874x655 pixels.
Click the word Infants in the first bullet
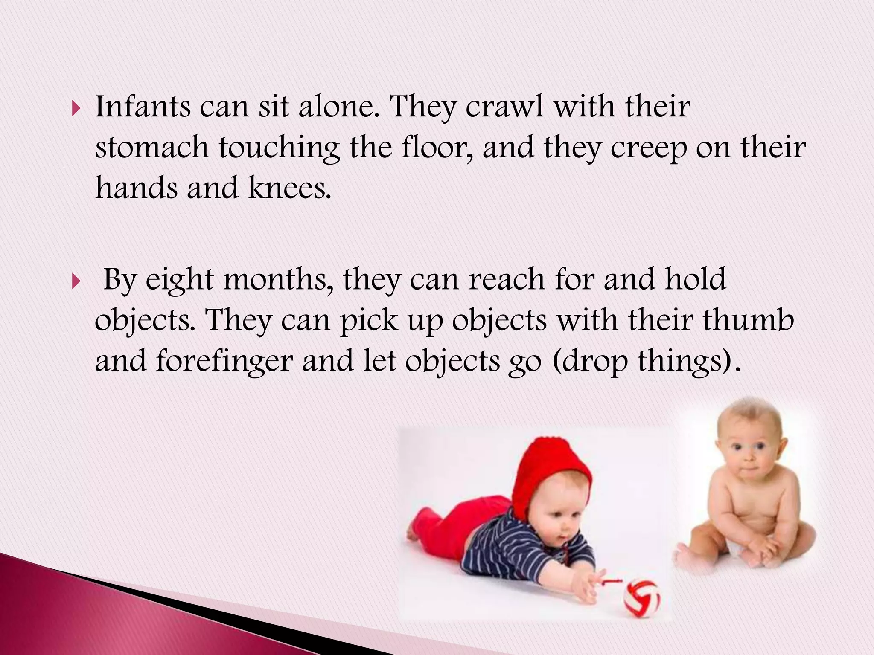coord(143,106)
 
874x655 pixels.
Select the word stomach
coord(151,148)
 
